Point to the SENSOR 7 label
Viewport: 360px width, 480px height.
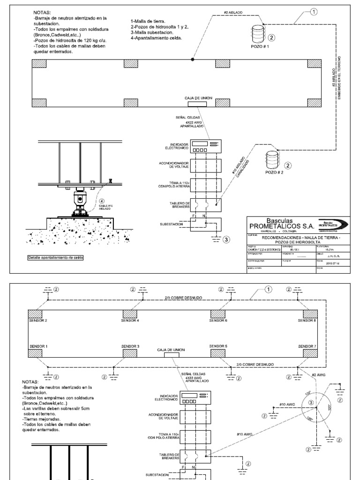[307, 346]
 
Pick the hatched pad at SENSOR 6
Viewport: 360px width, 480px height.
[217, 313]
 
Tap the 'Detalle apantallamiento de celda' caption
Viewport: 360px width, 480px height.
[52, 258]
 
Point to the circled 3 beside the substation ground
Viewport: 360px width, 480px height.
[226, 240]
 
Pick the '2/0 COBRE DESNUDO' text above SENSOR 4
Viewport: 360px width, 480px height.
[180, 297]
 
